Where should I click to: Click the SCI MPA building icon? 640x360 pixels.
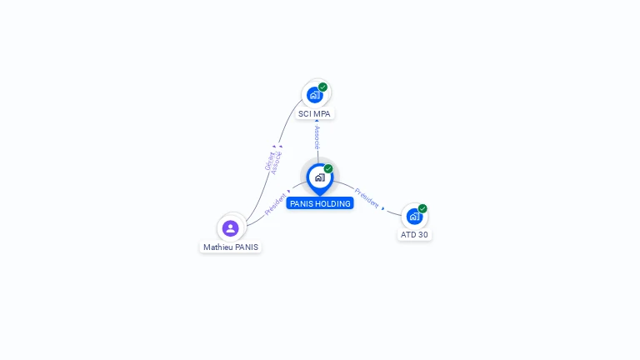(x=314, y=94)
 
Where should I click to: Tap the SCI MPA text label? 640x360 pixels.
(x=315, y=113)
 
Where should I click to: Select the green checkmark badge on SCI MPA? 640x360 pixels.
(x=322, y=87)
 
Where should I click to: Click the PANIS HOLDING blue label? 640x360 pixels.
(x=320, y=203)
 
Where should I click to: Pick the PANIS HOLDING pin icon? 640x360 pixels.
(x=319, y=177)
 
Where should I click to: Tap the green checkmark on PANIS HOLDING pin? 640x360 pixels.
(x=328, y=168)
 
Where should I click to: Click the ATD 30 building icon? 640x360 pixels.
(x=413, y=217)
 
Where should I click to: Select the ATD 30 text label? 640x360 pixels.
(x=414, y=235)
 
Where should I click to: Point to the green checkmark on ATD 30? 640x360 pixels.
(x=422, y=208)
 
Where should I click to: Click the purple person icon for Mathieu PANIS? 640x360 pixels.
(x=231, y=227)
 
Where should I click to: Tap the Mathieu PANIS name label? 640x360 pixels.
(x=231, y=247)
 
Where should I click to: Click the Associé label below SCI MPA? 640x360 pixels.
(x=317, y=137)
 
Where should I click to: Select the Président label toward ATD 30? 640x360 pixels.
(x=366, y=197)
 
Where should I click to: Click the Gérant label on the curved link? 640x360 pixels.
(x=269, y=161)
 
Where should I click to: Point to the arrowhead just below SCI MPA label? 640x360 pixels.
(x=317, y=122)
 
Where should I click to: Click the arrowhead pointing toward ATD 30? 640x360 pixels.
(x=383, y=208)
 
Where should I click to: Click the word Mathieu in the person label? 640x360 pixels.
(x=217, y=247)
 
